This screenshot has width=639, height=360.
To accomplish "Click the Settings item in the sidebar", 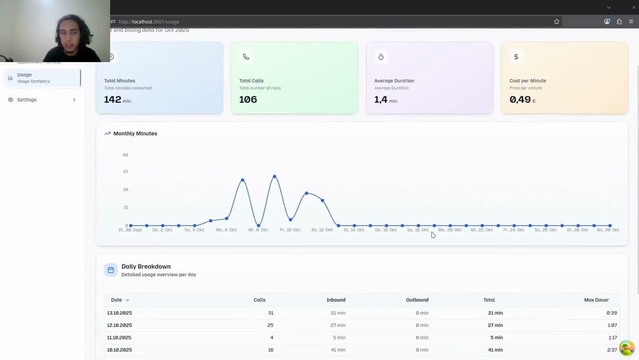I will tap(27, 99).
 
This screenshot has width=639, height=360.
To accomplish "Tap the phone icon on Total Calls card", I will tap(246, 57).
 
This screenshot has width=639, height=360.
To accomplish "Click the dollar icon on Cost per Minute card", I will tap(516, 57).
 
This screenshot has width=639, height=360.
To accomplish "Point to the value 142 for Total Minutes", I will tap(112, 99).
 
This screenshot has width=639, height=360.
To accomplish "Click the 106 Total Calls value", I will tap(248, 99).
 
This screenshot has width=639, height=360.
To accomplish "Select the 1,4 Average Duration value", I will tap(381, 99).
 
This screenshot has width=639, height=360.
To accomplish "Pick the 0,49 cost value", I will tap(520, 99).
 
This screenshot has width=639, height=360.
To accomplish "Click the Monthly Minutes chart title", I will tap(135, 133).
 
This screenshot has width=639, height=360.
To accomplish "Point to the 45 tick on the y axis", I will tap(125, 172).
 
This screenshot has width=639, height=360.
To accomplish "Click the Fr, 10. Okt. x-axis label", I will tap(290, 230).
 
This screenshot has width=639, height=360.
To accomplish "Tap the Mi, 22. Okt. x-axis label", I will tap(482, 230).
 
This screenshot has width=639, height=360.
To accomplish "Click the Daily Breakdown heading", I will tap(146, 266).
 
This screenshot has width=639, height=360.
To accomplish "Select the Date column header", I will tap(117, 300).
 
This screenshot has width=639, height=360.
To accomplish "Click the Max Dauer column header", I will tap(596, 300).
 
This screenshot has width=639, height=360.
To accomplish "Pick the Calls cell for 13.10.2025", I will tap(270, 313).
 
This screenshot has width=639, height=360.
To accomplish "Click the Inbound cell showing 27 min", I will tap(338, 325).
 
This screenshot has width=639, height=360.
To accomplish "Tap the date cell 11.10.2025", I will tap(120, 337).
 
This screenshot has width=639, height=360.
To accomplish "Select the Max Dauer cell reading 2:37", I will tap(611, 350).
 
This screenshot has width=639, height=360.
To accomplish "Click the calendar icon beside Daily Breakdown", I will tap(111, 270).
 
